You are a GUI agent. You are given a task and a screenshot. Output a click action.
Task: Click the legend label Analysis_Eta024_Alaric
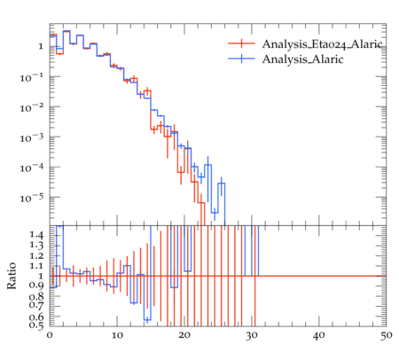click(x=322, y=44)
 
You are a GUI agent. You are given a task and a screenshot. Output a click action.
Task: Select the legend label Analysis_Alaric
click(x=302, y=59)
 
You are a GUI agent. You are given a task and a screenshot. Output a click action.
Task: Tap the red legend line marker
click(x=241, y=43)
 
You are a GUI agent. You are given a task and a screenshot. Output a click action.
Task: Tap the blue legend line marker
click(x=241, y=59)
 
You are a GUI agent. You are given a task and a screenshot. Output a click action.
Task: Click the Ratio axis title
click(x=12, y=276)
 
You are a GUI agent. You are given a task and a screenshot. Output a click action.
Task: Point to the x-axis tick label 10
click(x=117, y=336)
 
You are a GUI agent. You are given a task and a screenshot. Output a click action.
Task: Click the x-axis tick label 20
click(x=184, y=336)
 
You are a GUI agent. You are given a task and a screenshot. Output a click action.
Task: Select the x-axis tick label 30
click(x=252, y=336)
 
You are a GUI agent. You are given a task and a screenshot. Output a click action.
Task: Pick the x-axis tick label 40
click(x=319, y=336)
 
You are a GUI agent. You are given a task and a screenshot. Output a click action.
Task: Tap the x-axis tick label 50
click(x=386, y=336)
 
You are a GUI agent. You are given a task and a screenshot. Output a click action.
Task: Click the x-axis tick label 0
click(x=50, y=336)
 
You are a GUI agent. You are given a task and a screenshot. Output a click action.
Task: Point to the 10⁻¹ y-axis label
click(x=32, y=77)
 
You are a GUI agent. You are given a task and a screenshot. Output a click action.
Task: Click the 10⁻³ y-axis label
click(x=32, y=137)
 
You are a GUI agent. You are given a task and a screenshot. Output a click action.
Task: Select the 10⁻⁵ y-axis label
click(x=32, y=198)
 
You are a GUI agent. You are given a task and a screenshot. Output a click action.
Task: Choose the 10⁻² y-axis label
click(x=32, y=107)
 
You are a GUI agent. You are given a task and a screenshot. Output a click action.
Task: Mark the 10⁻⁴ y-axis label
click(x=32, y=168)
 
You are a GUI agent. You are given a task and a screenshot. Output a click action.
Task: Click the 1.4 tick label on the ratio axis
click(x=36, y=235)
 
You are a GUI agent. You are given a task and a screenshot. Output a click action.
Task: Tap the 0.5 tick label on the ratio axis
click(x=36, y=325)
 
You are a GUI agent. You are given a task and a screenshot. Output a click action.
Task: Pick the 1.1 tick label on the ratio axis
click(x=36, y=266)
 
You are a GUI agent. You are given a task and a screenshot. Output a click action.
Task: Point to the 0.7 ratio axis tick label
click(x=36, y=304)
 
